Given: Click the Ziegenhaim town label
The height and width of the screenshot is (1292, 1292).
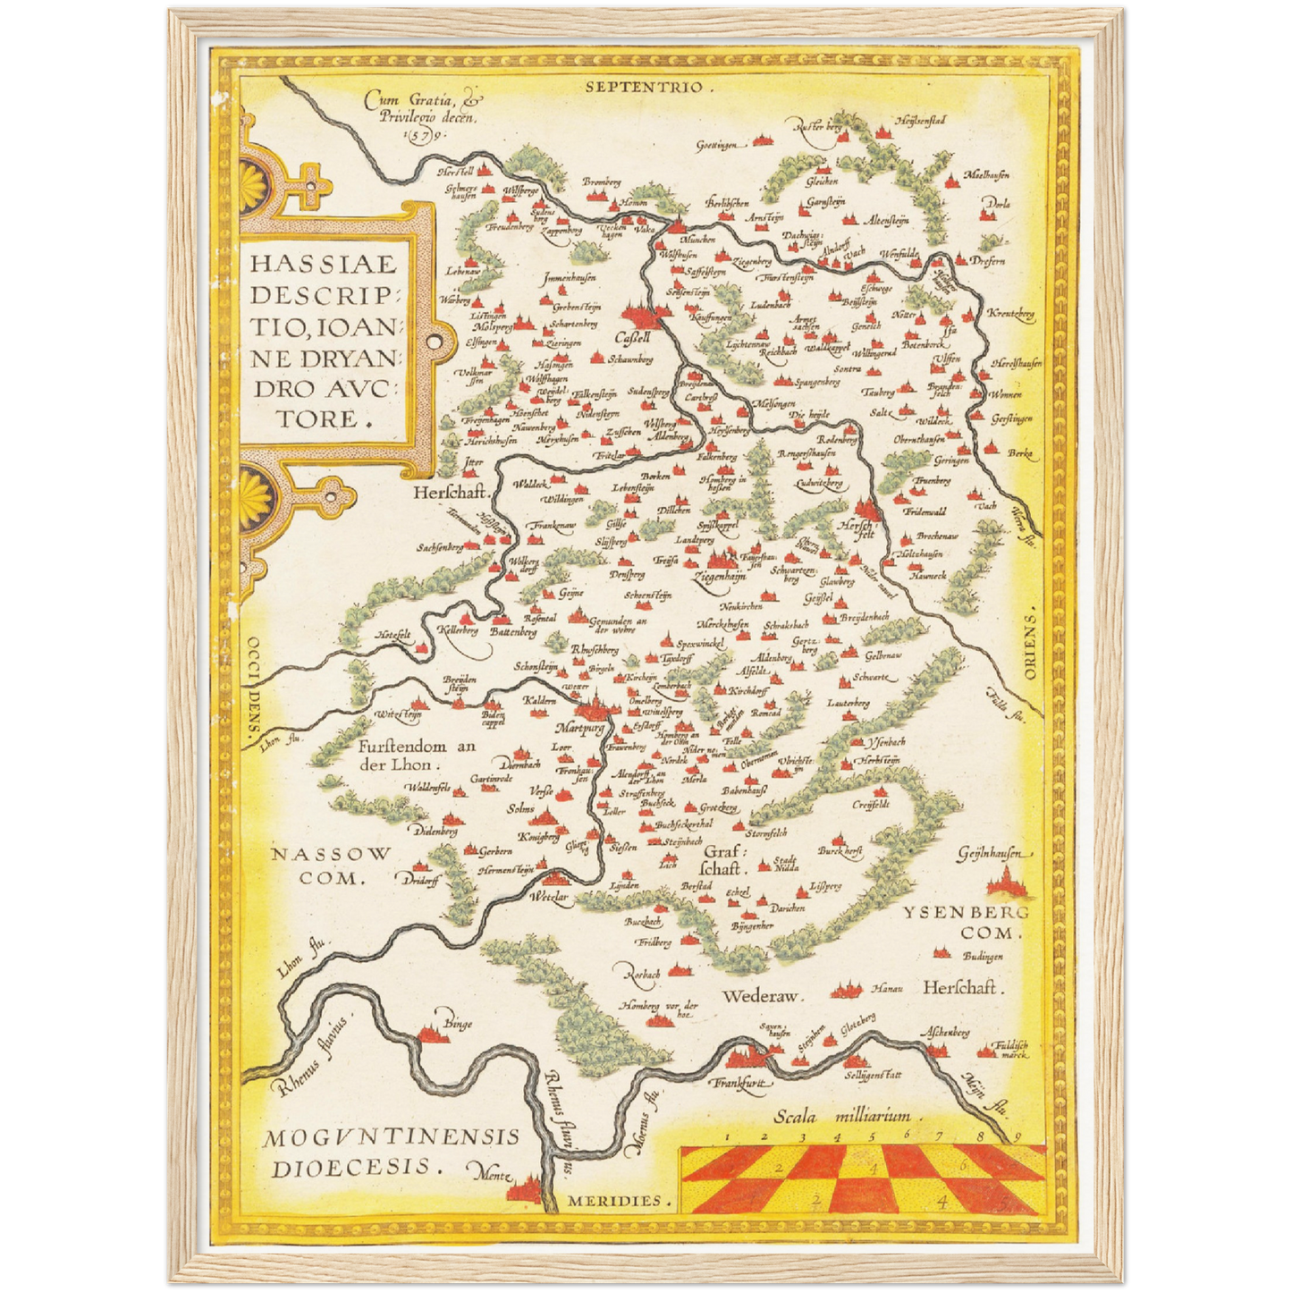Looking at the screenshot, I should click(719, 578).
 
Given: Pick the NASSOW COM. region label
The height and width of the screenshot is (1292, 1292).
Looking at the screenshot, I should click(332, 866).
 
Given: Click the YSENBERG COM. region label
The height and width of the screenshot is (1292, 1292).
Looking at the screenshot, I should click(966, 922).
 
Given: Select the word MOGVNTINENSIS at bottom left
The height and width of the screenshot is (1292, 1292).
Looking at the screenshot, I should click(391, 1137).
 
